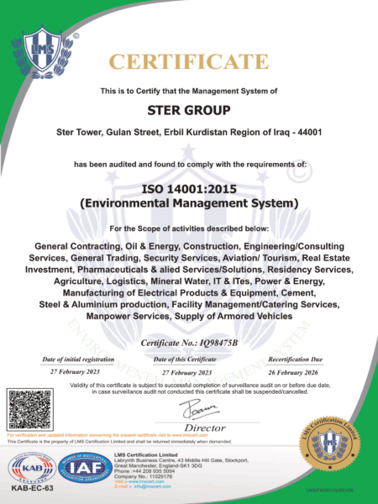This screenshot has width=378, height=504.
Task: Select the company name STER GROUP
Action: coord(189,109)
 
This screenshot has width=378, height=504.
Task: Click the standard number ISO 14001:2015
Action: coord(189,189)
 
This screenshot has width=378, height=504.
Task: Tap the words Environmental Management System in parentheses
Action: coord(189,203)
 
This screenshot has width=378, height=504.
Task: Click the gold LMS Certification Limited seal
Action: coord(335,441)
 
